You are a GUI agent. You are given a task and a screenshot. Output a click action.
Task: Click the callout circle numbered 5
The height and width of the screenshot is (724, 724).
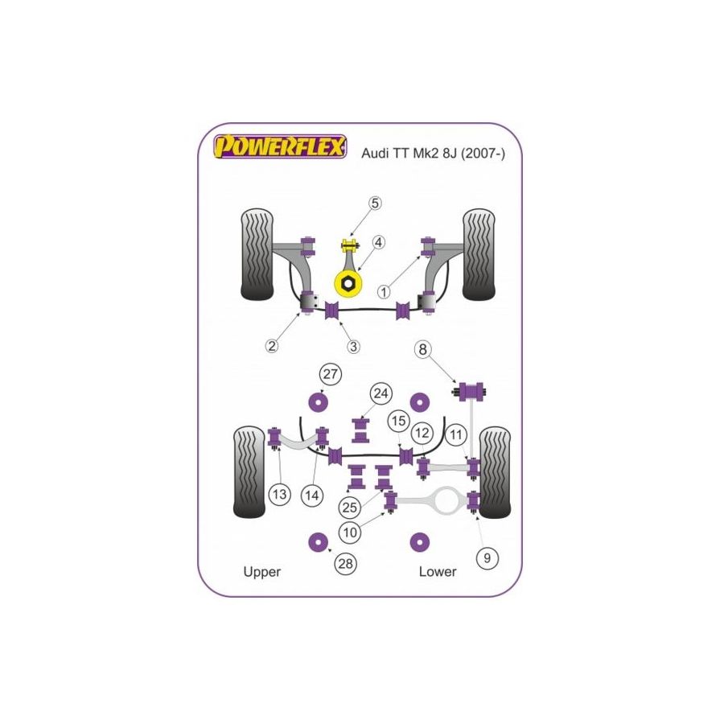[376, 204]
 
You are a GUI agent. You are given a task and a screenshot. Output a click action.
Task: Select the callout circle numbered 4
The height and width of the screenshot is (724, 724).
[378, 242]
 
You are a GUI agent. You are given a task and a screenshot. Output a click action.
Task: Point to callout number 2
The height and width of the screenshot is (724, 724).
[272, 346]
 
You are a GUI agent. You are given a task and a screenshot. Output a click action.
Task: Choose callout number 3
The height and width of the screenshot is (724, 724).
[354, 346]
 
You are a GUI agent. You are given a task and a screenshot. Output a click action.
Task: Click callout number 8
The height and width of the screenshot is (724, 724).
[422, 350]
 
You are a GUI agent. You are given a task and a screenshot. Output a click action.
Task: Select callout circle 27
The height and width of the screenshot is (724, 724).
[330, 374]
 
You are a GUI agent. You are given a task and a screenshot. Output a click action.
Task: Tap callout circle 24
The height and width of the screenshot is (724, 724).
[381, 393]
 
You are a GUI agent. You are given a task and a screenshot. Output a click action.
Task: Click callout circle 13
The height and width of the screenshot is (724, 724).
[279, 495]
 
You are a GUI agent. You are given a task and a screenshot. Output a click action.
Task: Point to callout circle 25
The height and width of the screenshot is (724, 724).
[349, 508]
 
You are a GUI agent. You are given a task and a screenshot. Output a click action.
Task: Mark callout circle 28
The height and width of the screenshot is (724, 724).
[346, 564]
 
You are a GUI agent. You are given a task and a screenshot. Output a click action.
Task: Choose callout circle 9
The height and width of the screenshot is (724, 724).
[487, 556]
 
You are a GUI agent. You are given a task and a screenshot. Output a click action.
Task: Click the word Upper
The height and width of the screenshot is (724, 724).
[261, 572]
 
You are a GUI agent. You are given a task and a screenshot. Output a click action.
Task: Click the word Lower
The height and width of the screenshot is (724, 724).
[437, 572]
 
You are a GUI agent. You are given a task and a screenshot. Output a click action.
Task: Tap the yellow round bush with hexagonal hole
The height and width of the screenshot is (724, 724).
[348, 283]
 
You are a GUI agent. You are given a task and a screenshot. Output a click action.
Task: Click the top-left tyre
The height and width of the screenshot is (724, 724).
[257, 255]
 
